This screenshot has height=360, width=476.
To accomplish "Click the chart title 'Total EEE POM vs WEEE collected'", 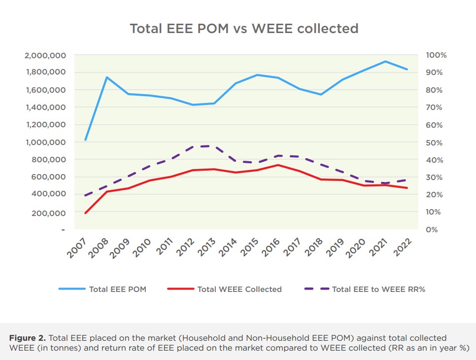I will pyautogui.click(x=244, y=29).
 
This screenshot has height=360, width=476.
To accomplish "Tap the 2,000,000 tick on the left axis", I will pyautogui.click(x=45, y=55).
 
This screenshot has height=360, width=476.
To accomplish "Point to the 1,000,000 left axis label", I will pyautogui.click(x=45, y=143).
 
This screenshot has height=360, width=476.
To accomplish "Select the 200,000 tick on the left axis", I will pyautogui.click(x=48, y=213).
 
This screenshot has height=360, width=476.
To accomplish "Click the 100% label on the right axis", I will pyautogui.click(x=436, y=55).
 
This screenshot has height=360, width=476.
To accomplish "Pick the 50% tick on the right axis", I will pyautogui.click(x=434, y=143).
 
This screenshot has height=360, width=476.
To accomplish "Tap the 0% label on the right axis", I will pyautogui.click(x=432, y=230).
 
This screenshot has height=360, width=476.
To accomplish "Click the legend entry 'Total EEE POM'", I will pyautogui.click(x=117, y=289).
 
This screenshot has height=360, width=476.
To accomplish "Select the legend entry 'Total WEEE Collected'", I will pyautogui.click(x=239, y=289).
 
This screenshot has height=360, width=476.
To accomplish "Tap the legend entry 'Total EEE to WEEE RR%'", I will pyautogui.click(x=378, y=289).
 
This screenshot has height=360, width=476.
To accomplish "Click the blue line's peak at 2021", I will pyautogui.click(x=385, y=62).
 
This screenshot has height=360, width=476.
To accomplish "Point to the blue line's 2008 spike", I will pyautogui.click(x=107, y=77).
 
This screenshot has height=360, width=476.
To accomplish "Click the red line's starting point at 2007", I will pyautogui.click(x=86, y=213).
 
